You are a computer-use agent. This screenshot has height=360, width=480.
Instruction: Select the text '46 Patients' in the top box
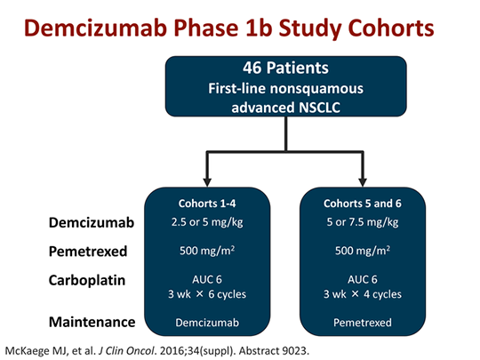pos(284,68)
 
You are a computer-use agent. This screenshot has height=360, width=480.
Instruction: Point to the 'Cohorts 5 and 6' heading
pos(363,204)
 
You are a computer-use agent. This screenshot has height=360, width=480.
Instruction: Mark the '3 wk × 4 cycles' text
pos(363,292)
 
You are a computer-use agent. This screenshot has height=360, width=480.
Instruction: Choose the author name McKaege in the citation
pos(33,348)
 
